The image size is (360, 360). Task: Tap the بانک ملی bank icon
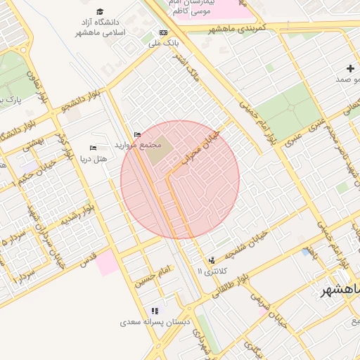pos(163,32)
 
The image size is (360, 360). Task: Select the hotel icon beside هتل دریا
pos(93,148)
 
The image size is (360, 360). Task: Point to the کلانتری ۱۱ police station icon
pos(212,260)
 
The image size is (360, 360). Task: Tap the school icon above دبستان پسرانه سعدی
pos(155,310)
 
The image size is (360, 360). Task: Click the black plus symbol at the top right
pos(350,68)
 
